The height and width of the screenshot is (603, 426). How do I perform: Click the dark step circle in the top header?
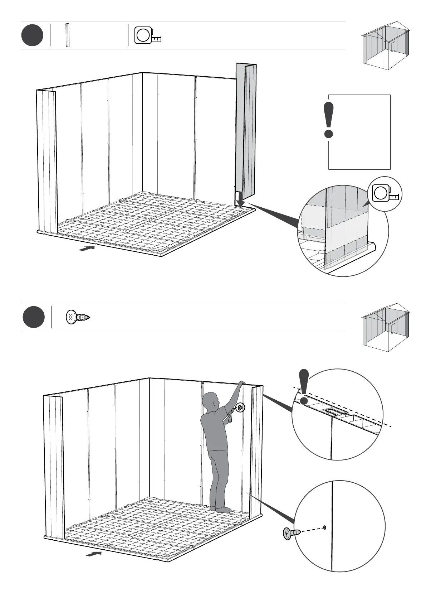(x=32, y=35)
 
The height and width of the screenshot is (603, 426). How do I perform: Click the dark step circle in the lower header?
(x=34, y=317)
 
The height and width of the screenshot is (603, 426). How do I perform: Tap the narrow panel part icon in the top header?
(x=67, y=35)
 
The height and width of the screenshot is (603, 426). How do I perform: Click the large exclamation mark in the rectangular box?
(x=328, y=120)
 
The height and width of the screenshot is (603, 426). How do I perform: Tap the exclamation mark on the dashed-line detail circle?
(x=304, y=387)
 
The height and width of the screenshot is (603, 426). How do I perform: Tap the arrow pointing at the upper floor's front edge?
(x=87, y=248)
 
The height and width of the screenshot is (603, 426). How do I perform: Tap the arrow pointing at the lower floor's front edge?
(x=94, y=554)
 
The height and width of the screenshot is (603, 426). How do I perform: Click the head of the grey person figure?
(x=210, y=401)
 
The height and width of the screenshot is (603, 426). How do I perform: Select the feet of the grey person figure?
(x=220, y=509)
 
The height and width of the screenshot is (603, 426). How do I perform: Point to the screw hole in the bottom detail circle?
(x=324, y=527)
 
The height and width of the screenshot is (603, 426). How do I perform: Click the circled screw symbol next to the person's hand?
(x=240, y=407)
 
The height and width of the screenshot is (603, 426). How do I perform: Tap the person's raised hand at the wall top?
(x=242, y=383)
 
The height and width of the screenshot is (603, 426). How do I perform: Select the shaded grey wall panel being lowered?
(x=246, y=129)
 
